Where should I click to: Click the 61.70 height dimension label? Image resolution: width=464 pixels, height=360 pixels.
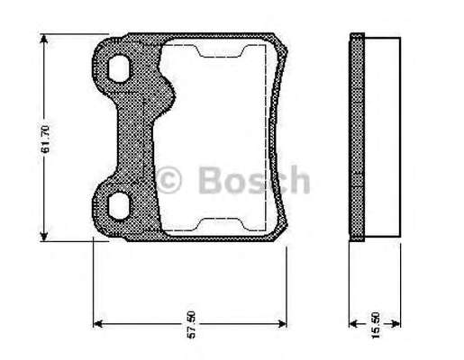click(45, 139)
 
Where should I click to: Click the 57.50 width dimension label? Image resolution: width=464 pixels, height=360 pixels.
click(191, 325)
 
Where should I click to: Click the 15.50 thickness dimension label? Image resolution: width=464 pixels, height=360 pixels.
click(376, 326)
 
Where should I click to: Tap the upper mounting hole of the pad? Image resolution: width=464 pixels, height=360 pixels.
click(119, 68)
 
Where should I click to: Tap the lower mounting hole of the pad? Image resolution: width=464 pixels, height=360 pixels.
click(119, 206)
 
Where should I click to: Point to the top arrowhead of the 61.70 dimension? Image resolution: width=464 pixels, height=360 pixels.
click(44, 39)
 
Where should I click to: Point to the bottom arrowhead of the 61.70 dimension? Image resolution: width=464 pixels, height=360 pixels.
click(44, 236)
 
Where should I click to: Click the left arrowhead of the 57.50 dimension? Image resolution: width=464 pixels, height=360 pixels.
click(98, 324)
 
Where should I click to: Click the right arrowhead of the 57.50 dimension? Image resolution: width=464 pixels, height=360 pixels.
click(282, 324)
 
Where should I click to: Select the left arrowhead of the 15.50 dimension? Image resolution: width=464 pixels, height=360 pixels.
click(354, 324)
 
